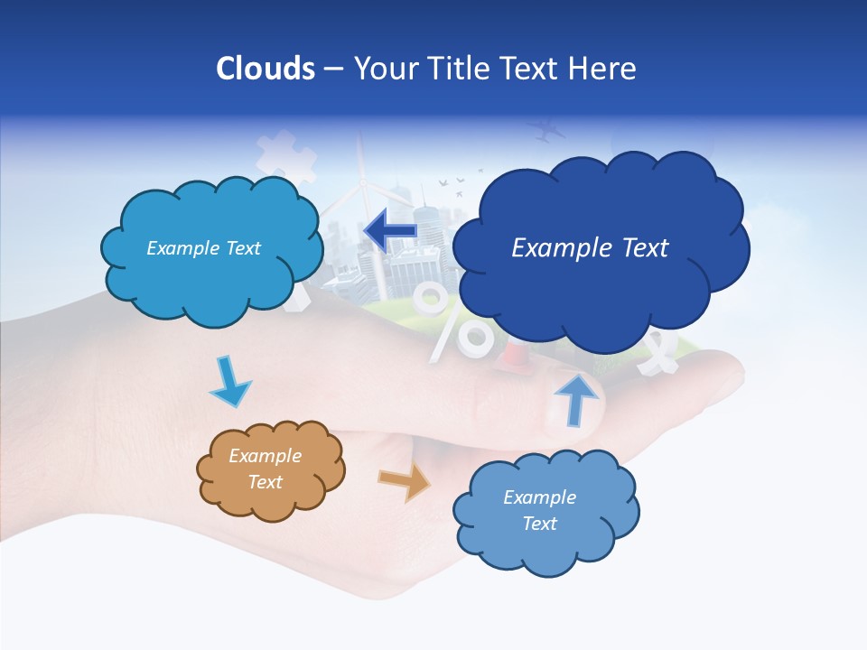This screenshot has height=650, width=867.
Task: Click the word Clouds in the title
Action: [266, 69]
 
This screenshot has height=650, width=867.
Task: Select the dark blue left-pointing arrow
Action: [391, 231]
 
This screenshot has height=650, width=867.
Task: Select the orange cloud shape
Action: [269, 470]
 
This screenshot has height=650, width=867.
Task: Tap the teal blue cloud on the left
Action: [210, 248]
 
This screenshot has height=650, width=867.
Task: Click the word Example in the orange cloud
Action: [266, 456]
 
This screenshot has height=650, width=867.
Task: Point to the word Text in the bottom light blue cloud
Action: [539, 524]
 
